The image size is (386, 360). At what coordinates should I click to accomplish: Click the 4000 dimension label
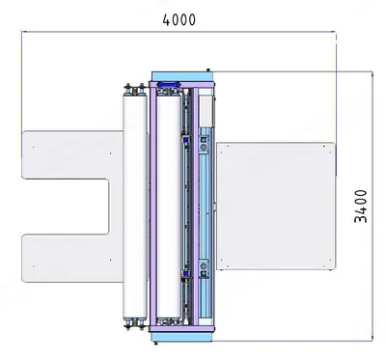point(179,20)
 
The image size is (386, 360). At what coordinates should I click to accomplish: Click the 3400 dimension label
point(361,207)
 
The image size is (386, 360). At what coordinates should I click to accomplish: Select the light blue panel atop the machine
point(182,76)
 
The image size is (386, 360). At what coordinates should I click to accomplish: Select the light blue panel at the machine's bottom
point(182,337)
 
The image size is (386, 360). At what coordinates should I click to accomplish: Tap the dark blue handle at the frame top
point(169,84)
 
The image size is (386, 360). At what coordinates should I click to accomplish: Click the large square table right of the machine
point(276,206)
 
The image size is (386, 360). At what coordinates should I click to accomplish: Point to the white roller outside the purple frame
point(135,207)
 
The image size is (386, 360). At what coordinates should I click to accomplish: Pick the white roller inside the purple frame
point(169,207)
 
